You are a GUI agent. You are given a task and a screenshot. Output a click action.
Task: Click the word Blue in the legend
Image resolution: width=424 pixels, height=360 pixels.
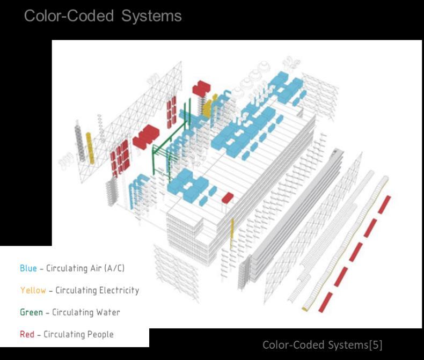28,268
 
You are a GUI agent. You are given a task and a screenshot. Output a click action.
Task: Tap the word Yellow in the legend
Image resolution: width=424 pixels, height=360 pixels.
33,290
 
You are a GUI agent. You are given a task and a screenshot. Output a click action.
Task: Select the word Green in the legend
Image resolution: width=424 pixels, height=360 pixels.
31,312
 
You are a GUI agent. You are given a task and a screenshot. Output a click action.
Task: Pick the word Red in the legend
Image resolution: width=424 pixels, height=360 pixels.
27,334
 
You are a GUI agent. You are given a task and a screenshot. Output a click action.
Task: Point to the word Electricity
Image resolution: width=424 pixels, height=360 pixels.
119,290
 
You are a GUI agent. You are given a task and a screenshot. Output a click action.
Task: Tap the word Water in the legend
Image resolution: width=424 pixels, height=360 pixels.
108,312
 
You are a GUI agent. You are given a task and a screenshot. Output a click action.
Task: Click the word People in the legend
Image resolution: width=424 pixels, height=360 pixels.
100,334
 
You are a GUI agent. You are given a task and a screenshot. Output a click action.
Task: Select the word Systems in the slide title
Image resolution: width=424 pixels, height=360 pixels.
151,16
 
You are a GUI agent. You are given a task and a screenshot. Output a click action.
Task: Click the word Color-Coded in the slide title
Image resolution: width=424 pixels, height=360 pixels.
69,16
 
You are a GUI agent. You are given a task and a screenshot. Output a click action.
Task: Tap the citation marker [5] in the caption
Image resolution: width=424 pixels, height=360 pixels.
373,344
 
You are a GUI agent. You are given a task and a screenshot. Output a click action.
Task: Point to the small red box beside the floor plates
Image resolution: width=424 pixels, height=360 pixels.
227,198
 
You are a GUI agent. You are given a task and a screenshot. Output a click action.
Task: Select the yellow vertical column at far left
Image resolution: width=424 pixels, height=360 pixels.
90,148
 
